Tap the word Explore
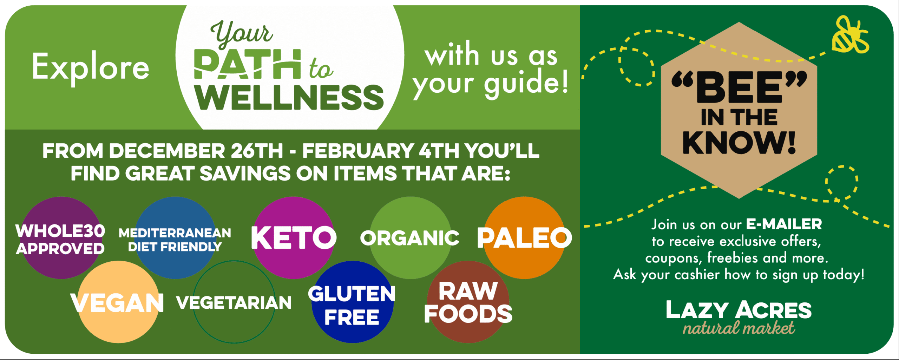pyautogui.click(x=91, y=67)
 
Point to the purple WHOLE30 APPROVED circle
pyautogui.click(x=61, y=238)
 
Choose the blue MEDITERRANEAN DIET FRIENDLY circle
pyautogui.click(x=175, y=238)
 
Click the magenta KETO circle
pyautogui.click(x=293, y=238)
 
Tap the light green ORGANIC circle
pyautogui.click(x=410, y=238)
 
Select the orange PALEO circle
pyautogui.click(x=524, y=238)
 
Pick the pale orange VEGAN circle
pyautogui.click(x=119, y=302)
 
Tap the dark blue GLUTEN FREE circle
pyautogui.click(x=352, y=302)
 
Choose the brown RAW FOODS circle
pyautogui.click(x=468, y=302)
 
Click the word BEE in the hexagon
pyautogui.click(x=740, y=87)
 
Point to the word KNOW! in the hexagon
pyautogui.click(x=739, y=142)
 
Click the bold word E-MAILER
pyautogui.click(x=784, y=224)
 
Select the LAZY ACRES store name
pyautogui.click(x=739, y=310)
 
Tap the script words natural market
pyautogui.click(x=739, y=328)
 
